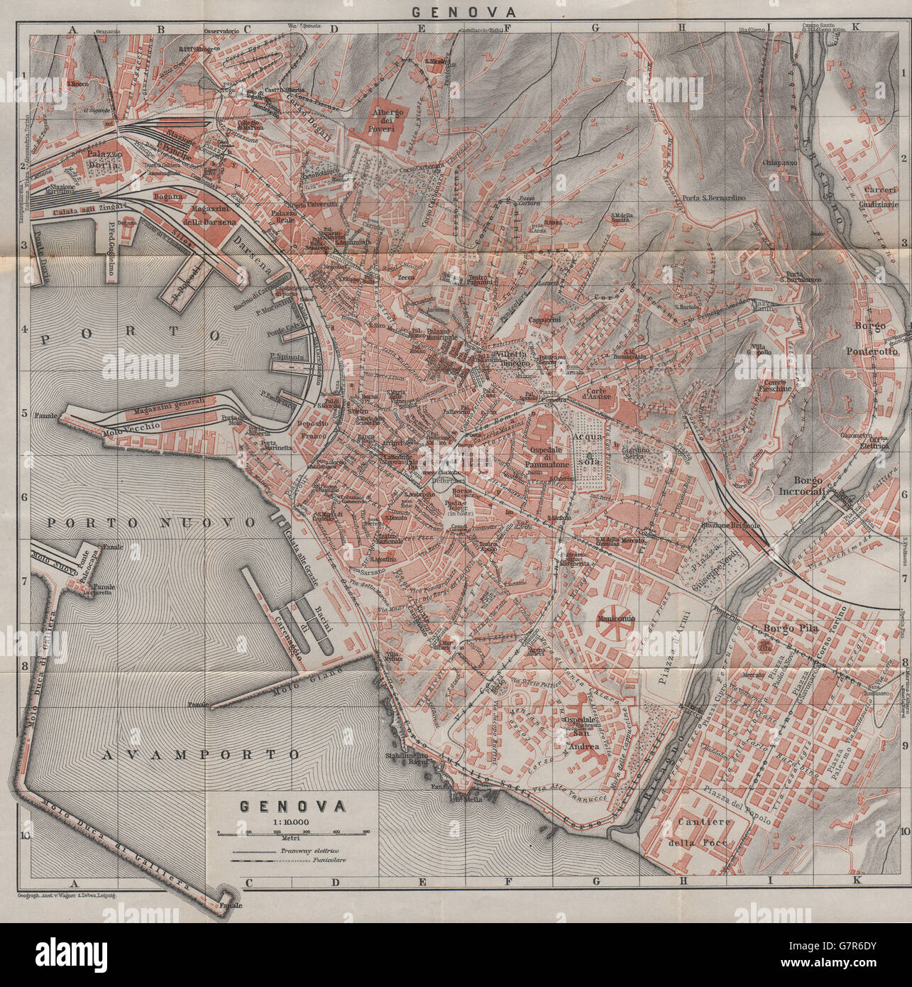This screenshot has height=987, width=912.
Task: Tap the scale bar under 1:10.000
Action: pos(292,831)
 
